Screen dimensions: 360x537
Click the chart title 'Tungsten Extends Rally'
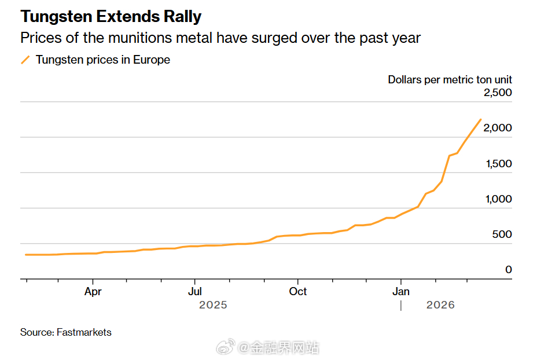click(x=111, y=17)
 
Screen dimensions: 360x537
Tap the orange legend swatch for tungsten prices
click(x=25, y=60)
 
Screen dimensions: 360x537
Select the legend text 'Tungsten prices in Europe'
click(x=103, y=60)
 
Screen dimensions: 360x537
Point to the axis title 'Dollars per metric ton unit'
click(x=450, y=80)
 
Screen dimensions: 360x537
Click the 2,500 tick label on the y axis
click(x=497, y=93)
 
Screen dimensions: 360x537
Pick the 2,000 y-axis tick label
click(x=497, y=128)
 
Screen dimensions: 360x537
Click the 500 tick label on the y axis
click(x=502, y=234)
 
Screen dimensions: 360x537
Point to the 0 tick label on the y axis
click(x=509, y=270)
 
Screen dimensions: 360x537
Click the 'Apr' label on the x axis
click(x=93, y=291)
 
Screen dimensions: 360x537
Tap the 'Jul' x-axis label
click(x=195, y=291)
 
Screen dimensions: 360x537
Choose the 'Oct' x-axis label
click(x=298, y=291)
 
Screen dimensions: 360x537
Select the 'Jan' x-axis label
click(x=401, y=291)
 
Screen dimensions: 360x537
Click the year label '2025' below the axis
click(x=213, y=305)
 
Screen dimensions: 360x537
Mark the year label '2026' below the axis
click(x=440, y=305)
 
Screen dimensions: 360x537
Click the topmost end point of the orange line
click(x=480, y=120)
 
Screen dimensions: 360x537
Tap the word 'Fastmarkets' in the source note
click(x=84, y=332)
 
